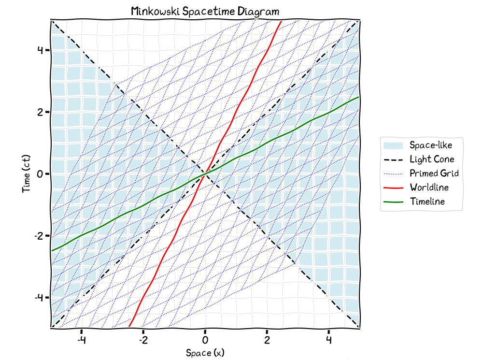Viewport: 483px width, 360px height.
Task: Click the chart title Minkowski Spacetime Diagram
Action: point(205,12)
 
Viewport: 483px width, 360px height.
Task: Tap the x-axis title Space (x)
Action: point(205,353)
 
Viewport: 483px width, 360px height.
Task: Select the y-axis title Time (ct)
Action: point(26,174)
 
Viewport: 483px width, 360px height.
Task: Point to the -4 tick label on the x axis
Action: point(81,340)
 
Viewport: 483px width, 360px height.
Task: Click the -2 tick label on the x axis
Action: point(143,340)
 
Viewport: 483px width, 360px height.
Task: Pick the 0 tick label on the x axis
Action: point(205,340)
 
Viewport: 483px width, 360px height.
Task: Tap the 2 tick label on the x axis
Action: point(267,340)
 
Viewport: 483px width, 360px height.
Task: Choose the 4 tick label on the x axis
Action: point(329,340)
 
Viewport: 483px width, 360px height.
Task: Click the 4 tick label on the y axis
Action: point(41,50)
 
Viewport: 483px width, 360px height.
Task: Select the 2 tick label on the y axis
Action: point(41,112)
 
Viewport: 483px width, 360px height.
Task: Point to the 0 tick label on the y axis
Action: point(41,174)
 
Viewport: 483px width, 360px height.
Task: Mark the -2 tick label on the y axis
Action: point(39,236)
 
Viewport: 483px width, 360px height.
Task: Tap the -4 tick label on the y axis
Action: point(39,298)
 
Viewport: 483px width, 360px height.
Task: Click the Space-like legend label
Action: point(431,145)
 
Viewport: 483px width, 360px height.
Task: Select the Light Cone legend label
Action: point(432,159)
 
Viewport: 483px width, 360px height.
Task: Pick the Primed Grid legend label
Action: point(434,173)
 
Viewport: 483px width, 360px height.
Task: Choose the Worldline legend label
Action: point(429,187)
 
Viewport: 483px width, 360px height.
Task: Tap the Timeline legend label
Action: point(427,202)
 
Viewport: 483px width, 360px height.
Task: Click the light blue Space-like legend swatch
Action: point(393,145)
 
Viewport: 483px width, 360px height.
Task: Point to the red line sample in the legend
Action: point(393,187)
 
